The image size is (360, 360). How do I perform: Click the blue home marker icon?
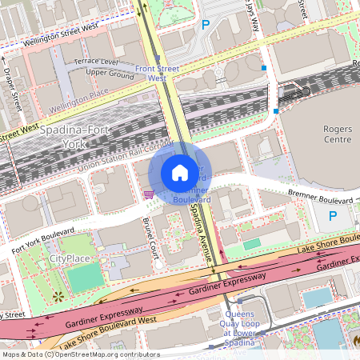click(180, 173)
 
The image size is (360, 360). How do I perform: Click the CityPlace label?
click(69, 258)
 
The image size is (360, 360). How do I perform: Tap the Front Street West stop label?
click(157, 74)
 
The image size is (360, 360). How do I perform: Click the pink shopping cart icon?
click(147, 193)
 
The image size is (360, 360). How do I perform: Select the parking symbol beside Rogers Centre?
click(334, 215)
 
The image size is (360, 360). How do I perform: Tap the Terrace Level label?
click(96, 62)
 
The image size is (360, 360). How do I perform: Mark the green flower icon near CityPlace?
click(57, 298)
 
